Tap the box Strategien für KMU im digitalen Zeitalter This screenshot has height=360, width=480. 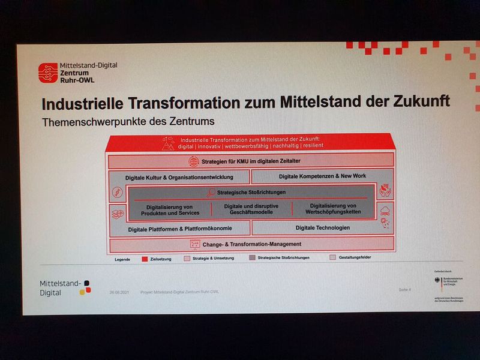tap(251, 161)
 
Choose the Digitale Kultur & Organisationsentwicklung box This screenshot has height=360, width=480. tap(179, 178)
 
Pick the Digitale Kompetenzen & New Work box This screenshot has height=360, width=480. tap(322, 176)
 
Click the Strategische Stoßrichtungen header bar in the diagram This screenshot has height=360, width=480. tap(251, 193)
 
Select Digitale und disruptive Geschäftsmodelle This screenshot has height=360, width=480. tap(251, 209)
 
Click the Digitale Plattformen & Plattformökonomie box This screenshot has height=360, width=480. tap(180, 229)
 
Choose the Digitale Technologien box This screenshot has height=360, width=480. tap(322, 228)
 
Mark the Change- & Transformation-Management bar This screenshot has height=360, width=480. tap(251, 244)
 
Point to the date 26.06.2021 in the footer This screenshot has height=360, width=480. tap(119, 292)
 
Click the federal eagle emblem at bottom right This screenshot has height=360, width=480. tap(439, 280)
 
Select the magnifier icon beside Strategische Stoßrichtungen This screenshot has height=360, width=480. tap(211, 193)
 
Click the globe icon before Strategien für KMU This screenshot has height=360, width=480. tap(194, 161)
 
